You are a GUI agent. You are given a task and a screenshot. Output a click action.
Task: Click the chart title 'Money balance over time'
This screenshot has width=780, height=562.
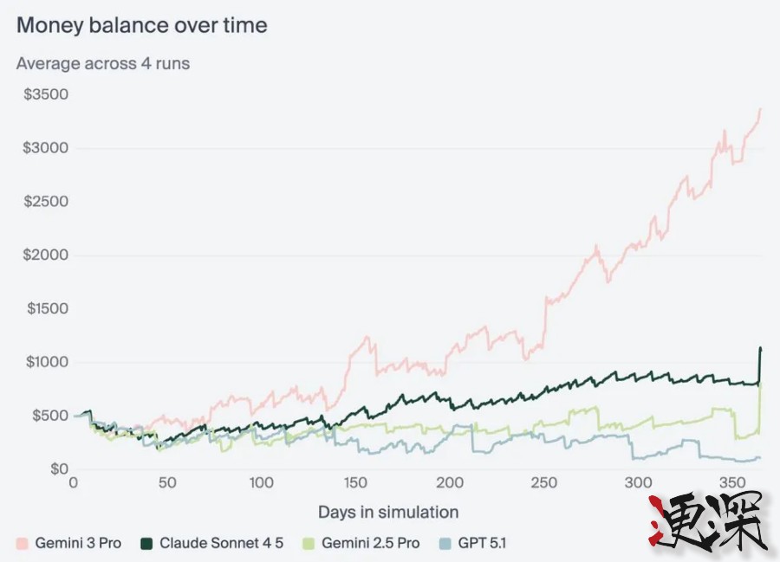[142, 25]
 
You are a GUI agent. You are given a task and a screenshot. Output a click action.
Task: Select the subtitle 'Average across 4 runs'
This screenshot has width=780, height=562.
[102, 63]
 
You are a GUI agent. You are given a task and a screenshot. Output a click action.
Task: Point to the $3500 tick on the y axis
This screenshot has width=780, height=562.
[46, 94]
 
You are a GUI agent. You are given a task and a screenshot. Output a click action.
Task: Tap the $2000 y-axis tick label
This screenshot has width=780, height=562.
[46, 255]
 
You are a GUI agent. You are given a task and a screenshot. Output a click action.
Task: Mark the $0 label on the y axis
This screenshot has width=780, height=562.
[58, 469]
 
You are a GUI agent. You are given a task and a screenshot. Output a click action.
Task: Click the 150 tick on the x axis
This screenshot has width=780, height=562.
[355, 483]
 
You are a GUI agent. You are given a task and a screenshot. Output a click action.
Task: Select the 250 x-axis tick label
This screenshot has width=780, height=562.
[544, 483]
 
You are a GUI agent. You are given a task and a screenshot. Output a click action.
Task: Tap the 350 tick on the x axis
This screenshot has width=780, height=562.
[732, 483]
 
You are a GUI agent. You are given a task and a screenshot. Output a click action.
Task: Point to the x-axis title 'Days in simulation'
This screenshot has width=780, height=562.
[388, 512]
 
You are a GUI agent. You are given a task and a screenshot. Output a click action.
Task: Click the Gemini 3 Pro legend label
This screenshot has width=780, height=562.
[78, 544]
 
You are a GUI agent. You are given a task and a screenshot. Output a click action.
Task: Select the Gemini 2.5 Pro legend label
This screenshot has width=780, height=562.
[370, 544]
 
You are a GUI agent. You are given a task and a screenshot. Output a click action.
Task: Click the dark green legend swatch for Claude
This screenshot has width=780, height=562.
[146, 544]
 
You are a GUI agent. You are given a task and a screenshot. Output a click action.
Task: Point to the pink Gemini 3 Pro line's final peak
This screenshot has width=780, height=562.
[760, 109]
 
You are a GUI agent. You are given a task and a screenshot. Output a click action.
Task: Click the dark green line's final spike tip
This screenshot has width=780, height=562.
[760, 348]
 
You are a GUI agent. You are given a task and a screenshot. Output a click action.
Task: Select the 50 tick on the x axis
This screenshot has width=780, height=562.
[167, 483]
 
